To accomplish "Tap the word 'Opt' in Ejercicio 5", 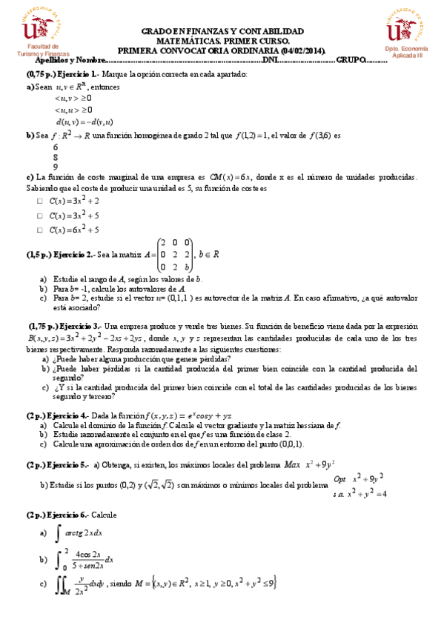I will click(x=340, y=479).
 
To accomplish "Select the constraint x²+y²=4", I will click(x=368, y=495).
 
